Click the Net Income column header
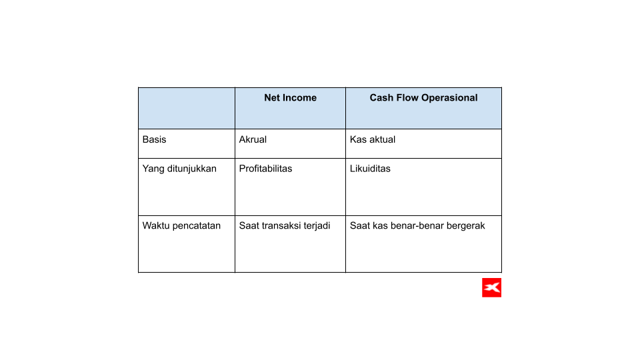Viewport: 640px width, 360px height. coord(290,98)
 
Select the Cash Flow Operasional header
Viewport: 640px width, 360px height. coord(424,98)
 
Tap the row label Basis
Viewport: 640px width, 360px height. coord(154,139)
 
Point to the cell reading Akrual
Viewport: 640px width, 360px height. coord(253,139)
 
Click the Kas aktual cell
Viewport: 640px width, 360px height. coord(373,139)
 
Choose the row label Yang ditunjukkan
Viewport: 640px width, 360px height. coord(179,169)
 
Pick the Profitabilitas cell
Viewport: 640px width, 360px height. coord(266,169)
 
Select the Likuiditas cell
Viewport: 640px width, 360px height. coord(370,169)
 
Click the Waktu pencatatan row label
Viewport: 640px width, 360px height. coord(181,226)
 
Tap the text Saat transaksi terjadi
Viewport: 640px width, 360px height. coord(285,226)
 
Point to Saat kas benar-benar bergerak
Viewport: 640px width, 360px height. coord(417,226)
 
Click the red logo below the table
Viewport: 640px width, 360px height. coord(491,288)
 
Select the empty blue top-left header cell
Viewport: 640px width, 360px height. coord(187,109)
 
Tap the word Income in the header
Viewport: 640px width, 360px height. coord(301,98)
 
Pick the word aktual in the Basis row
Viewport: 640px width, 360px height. coord(382,139)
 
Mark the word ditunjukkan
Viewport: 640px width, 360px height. coord(192,169)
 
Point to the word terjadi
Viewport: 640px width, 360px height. coord(317,226)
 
